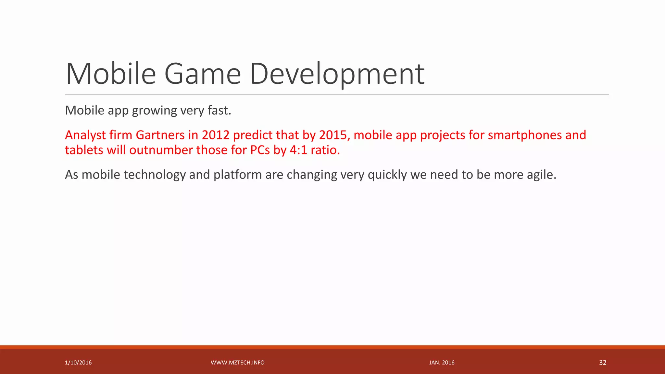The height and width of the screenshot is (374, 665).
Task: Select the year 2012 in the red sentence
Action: click(216, 135)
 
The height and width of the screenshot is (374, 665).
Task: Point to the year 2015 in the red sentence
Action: click(333, 135)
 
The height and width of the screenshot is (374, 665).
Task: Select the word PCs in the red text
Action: click(260, 150)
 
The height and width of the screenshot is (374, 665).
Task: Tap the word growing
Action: click(154, 111)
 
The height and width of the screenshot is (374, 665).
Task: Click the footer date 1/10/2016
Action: click(78, 363)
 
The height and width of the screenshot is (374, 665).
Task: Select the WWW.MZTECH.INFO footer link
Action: click(237, 363)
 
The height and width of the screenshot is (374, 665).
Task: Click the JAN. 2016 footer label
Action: click(442, 363)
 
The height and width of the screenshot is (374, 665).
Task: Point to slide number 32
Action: click(603, 363)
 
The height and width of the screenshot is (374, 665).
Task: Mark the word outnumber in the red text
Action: click(161, 150)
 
